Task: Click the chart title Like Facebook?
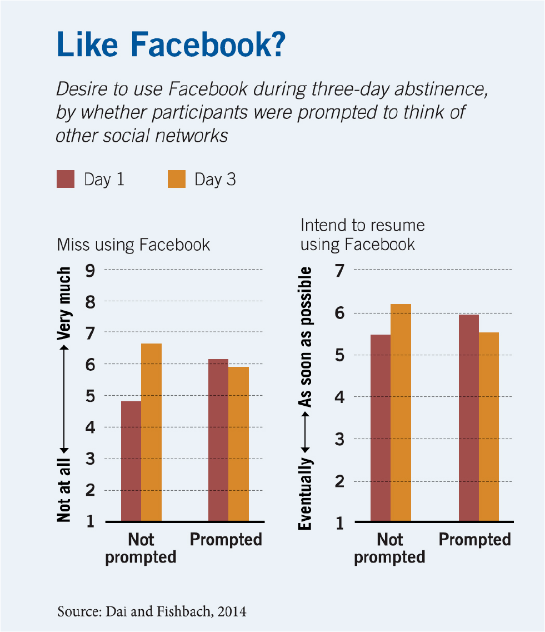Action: coord(171,45)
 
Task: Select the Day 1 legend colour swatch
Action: coord(66,180)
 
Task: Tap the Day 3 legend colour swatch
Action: coord(176,180)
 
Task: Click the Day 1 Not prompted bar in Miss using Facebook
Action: coord(131,461)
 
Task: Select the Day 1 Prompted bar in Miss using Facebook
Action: coord(218,440)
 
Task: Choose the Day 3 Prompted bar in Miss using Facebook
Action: coord(238,444)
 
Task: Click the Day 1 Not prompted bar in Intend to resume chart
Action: coord(381,428)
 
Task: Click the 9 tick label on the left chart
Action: coord(90,270)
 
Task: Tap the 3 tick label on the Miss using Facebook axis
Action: coord(90,459)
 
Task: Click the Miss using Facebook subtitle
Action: coord(133,245)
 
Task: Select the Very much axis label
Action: coord(64,303)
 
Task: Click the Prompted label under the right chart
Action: coord(475,540)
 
